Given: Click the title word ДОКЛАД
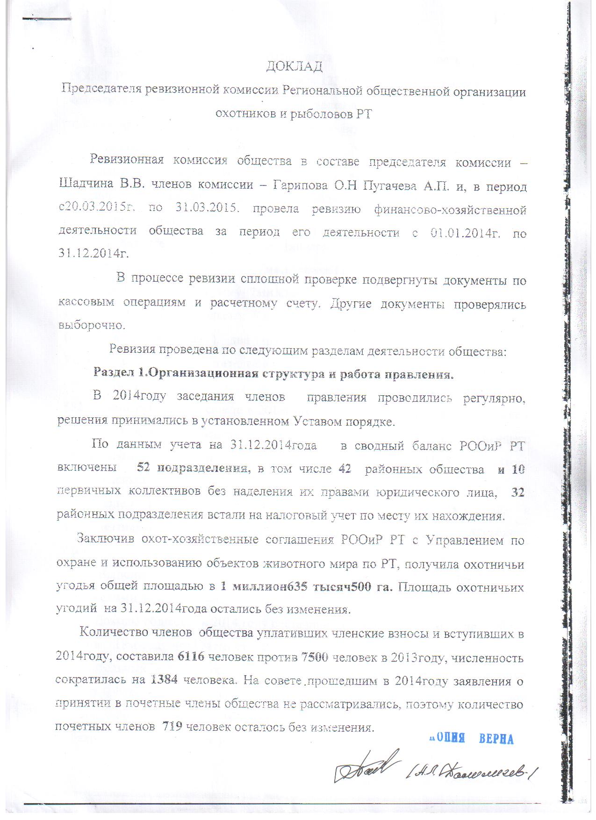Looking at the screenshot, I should pyautogui.click(x=294, y=67).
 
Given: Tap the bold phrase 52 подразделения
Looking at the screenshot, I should pyautogui.click(x=192, y=468).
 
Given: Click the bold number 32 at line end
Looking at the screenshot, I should pyautogui.click(x=517, y=492).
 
